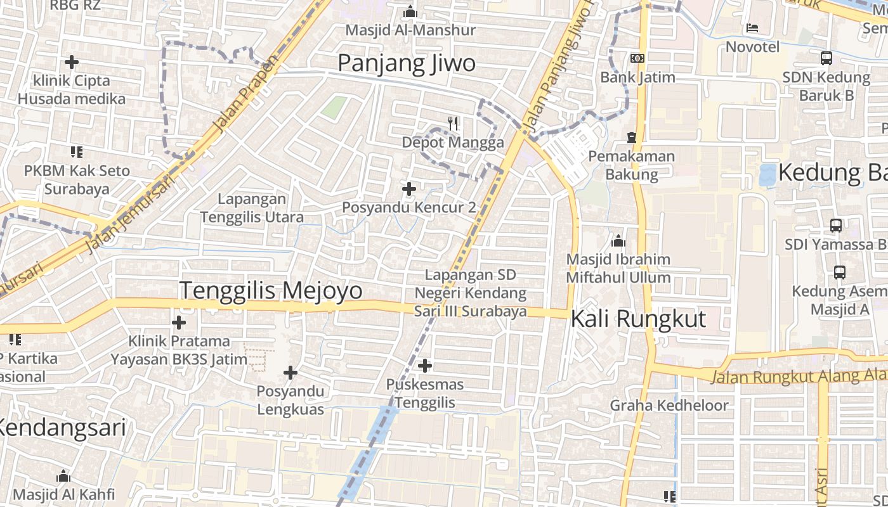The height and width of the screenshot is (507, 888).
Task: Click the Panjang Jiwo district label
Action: click(x=406, y=63)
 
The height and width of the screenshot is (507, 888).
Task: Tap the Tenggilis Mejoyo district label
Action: click(x=271, y=290)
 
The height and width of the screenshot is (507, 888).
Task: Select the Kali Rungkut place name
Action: click(x=638, y=319)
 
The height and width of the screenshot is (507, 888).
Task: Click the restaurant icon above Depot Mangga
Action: click(x=453, y=123)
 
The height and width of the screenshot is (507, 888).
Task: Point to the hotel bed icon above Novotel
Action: click(x=752, y=27)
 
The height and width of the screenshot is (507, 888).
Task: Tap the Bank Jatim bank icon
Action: click(x=637, y=58)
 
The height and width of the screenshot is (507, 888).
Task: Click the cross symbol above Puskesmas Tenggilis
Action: click(x=425, y=365)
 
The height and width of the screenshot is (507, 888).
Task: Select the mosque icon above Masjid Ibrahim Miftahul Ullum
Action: click(x=618, y=241)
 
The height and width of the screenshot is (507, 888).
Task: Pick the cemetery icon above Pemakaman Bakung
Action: click(x=631, y=137)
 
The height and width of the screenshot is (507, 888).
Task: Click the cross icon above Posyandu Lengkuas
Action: click(x=291, y=372)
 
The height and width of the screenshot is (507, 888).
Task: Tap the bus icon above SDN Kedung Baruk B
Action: click(x=826, y=58)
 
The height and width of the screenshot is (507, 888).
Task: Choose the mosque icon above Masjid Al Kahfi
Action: click(x=63, y=476)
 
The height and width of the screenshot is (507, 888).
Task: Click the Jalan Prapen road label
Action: click(x=247, y=93)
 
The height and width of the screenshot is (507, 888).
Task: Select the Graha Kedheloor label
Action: click(x=669, y=405)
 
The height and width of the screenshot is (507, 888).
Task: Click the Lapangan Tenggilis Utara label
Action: click(x=252, y=208)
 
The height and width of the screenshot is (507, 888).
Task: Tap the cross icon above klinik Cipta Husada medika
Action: click(x=72, y=62)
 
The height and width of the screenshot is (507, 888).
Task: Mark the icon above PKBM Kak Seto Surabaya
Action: click(x=77, y=151)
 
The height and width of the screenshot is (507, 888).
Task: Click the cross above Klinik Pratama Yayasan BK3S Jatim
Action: click(x=179, y=323)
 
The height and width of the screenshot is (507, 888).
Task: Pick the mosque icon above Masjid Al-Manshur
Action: click(x=410, y=11)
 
